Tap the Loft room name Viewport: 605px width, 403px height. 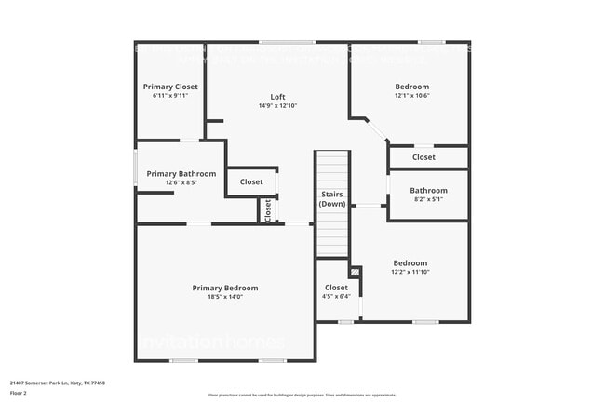pyautogui.click(x=277, y=97)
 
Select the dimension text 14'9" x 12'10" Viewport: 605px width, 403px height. pyautogui.click(x=277, y=106)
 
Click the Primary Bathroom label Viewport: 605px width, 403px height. pyautogui.click(x=181, y=174)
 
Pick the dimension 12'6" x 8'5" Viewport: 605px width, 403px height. pyautogui.click(x=181, y=182)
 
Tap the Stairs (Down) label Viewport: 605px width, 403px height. pyautogui.click(x=332, y=198)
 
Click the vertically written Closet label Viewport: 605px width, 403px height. pyautogui.click(x=268, y=210)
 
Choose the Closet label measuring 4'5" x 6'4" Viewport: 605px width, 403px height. pyautogui.click(x=336, y=292)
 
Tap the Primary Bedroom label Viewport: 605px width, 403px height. pyautogui.click(x=225, y=288)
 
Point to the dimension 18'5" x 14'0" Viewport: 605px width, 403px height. pyautogui.click(x=225, y=297)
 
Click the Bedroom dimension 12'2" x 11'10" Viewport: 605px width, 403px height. pyautogui.click(x=410, y=272)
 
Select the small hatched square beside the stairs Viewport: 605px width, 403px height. pyautogui.click(x=355, y=272)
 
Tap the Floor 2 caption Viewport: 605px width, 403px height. pyautogui.click(x=20, y=393)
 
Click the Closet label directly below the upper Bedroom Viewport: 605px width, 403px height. pyautogui.click(x=423, y=157)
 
